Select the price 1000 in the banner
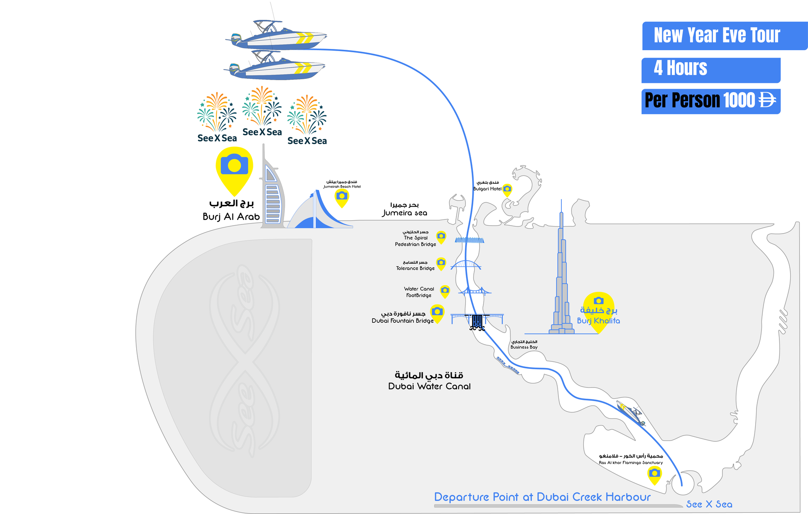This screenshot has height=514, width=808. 739,100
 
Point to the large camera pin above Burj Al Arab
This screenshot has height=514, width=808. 234,168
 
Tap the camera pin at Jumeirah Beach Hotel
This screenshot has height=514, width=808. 342,197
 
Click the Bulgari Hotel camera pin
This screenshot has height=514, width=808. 507,190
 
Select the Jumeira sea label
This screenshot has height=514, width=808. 404,213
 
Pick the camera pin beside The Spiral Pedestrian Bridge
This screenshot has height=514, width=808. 441,237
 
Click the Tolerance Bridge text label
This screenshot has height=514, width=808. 415,268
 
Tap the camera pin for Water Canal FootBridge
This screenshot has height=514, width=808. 445,290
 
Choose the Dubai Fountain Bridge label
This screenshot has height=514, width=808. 402,321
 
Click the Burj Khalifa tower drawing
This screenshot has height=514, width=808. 561,282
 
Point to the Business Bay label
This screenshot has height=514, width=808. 524,347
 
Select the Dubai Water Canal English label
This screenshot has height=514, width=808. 429,386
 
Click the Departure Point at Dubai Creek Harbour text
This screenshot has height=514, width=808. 542,497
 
